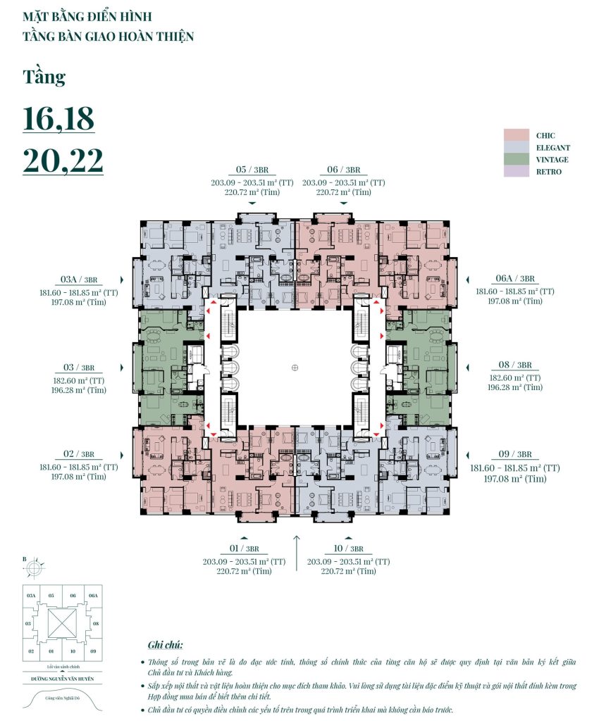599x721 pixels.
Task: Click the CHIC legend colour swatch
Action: click(x=517, y=135)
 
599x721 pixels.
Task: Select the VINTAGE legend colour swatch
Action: click(x=517, y=159)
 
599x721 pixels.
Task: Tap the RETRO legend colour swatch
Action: click(x=517, y=171)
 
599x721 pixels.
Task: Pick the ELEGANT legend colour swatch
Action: click(x=517, y=147)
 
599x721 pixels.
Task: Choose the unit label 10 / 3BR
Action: click(x=348, y=548)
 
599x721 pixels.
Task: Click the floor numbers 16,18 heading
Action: click(x=58, y=119)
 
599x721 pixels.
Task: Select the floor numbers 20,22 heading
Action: click(x=63, y=160)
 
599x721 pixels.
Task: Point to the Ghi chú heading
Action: click(x=166, y=644)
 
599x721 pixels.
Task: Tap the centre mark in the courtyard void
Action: click(x=295, y=367)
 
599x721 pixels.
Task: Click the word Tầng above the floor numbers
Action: click(x=44, y=76)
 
